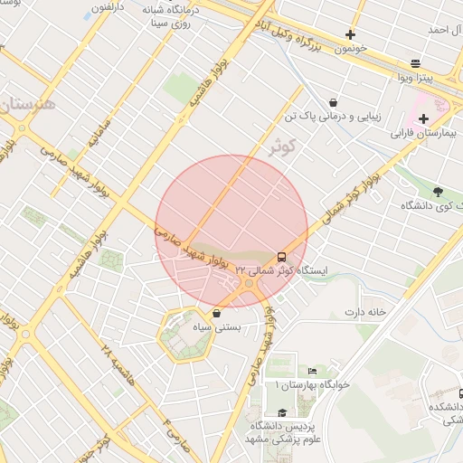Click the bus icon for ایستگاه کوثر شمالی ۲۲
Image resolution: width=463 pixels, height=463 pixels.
(x=281, y=257)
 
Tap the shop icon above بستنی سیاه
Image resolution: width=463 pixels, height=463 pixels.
(x=216, y=313)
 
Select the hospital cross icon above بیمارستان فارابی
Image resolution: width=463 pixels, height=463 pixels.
(x=422, y=118)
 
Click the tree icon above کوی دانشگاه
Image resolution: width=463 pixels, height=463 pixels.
(x=438, y=192)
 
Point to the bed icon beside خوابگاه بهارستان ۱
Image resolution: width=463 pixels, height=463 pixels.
(x=312, y=372)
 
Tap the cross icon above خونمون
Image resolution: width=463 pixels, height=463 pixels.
(x=350, y=35)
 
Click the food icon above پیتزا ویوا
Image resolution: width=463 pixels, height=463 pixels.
(x=415, y=63)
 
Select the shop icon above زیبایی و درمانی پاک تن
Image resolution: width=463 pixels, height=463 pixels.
(x=334, y=102)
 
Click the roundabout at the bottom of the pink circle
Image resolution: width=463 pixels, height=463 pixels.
(x=249, y=285)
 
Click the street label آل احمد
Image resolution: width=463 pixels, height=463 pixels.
(x=444, y=30)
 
